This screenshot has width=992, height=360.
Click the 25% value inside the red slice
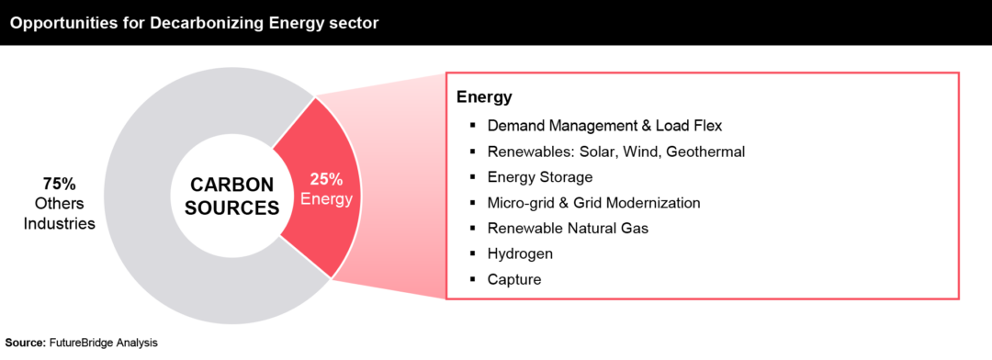[326, 179]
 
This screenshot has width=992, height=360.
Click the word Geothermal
[708, 151]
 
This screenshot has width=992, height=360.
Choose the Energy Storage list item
[539, 176]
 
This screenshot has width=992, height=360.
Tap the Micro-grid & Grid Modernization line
[593, 202]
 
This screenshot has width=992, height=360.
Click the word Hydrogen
[520, 253]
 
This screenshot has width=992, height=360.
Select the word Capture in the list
[513, 278]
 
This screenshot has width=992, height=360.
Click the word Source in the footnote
[24, 343]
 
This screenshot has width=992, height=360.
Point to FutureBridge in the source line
[84, 343]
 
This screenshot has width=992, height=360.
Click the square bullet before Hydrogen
[472, 253]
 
